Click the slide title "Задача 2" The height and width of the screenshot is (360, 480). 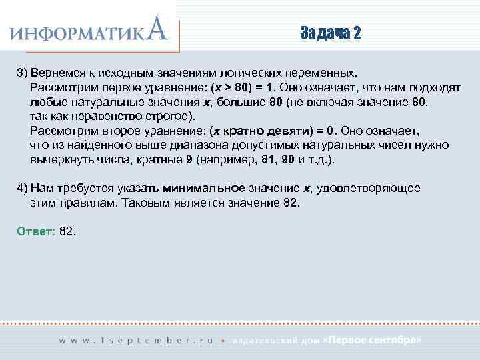(x=330, y=33)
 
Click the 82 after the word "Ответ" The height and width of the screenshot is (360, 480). (x=67, y=231)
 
